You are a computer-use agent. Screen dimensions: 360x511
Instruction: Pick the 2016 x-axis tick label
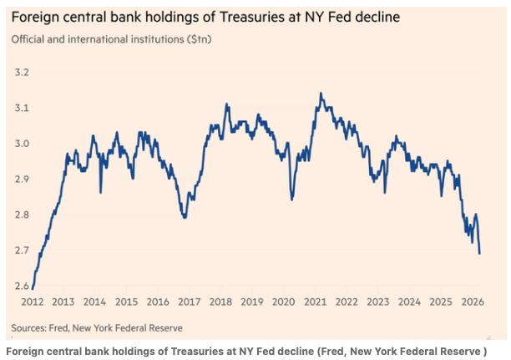pos(158,302)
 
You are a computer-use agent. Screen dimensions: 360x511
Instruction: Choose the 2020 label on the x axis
pos(284,302)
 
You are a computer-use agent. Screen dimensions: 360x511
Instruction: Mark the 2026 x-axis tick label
pos(473,302)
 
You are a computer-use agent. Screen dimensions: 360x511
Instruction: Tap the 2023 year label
pos(378,302)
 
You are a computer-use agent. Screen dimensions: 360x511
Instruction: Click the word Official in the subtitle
pos(29,39)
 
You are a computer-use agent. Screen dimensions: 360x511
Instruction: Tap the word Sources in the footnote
pos(30,327)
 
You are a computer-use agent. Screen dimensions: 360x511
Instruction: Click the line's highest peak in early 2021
pos(321,94)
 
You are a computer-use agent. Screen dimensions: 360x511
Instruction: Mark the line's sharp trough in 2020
pos(292,200)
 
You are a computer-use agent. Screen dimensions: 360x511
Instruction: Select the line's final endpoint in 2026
pos(479,253)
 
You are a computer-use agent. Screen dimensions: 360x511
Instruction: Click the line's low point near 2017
pos(185,218)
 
